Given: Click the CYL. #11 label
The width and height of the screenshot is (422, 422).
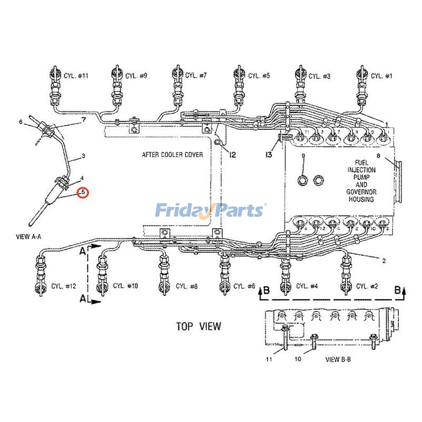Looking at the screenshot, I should pyautogui.click(x=76, y=76).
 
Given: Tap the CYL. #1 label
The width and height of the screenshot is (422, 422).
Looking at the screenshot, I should pyautogui.click(x=381, y=76).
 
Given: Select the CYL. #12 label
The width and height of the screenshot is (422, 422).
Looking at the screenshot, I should pyautogui.click(x=64, y=286).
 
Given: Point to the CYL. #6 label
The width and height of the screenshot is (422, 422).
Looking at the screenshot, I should pyautogui.click(x=244, y=286).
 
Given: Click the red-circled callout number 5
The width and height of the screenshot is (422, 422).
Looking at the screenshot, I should pyautogui.click(x=83, y=193).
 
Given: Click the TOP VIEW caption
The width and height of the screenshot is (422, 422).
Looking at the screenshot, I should pyautogui.click(x=198, y=327).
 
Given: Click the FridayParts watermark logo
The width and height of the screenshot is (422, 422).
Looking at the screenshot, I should pyautogui.click(x=210, y=210).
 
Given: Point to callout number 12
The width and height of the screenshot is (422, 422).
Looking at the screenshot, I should pyautogui.click(x=232, y=155).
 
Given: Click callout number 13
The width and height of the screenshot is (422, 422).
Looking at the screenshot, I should pyautogui.click(x=269, y=155).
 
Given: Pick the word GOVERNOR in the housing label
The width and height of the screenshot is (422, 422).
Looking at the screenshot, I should pyautogui.click(x=361, y=192).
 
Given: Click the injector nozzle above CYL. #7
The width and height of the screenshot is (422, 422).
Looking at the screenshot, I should pyautogui.click(x=177, y=79).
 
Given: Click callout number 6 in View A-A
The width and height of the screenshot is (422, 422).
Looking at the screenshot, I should pyautogui.click(x=21, y=122).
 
